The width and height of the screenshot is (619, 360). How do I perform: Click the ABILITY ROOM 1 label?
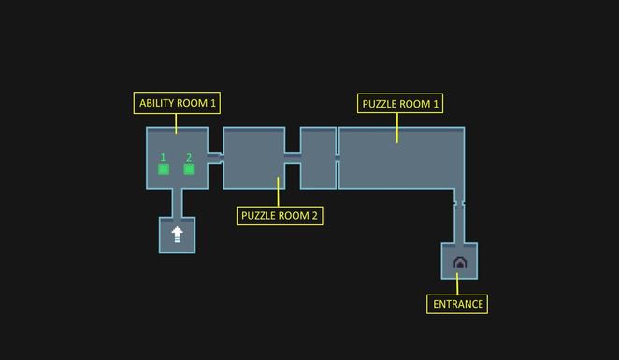tap(178, 104)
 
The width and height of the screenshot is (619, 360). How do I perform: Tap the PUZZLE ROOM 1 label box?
tap(400, 104)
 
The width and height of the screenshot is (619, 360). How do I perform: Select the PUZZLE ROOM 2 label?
tap(280, 216)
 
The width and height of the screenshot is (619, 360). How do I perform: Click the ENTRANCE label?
tap(458, 304)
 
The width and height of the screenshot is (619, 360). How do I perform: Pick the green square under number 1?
tap(164, 169)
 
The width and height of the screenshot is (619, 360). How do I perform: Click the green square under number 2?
tap(189, 169)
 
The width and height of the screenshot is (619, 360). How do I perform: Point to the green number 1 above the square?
tap(164, 158)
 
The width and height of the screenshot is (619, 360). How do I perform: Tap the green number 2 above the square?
tap(189, 158)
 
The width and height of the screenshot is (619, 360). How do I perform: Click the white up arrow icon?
tap(177, 234)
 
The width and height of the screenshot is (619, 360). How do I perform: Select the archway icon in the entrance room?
tap(459, 263)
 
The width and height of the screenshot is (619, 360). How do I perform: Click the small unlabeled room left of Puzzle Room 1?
tap(318, 158)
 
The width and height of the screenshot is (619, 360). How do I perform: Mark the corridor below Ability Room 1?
tap(177, 203)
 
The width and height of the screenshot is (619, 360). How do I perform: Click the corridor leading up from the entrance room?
tap(459, 223)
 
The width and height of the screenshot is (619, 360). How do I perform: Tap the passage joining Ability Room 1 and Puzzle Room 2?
tap(214, 158)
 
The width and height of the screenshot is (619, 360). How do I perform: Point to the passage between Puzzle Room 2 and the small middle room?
tap(292, 158)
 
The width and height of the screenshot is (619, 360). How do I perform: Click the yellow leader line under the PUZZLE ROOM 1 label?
tap(397, 128)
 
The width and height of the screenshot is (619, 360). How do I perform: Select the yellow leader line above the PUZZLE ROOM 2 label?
tap(279, 192)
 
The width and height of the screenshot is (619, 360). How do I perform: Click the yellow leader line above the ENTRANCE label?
tap(458, 286)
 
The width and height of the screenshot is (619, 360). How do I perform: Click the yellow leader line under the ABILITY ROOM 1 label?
tap(176, 122)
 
